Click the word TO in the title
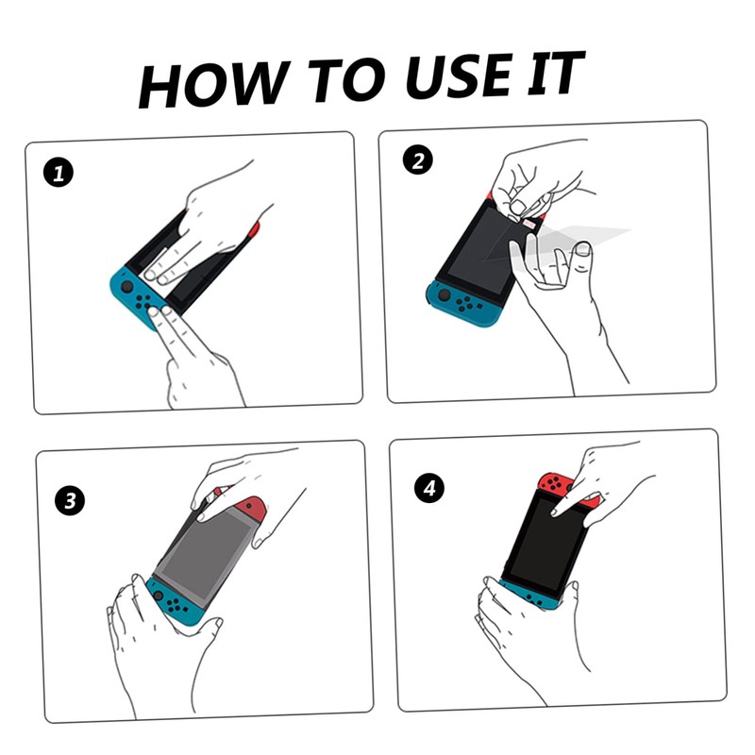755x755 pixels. click(x=346, y=80)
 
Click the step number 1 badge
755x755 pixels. click(x=59, y=174)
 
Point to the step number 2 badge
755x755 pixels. click(x=417, y=159)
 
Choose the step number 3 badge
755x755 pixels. click(x=70, y=501)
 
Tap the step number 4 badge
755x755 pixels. click(x=429, y=488)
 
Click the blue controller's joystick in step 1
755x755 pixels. click(x=127, y=287)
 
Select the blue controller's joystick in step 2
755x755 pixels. click(x=444, y=294)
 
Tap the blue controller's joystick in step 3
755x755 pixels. click(x=158, y=596)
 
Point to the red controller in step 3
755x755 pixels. click(x=248, y=509)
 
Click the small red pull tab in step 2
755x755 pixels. click(x=528, y=225)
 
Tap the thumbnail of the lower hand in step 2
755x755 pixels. click(x=583, y=248)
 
